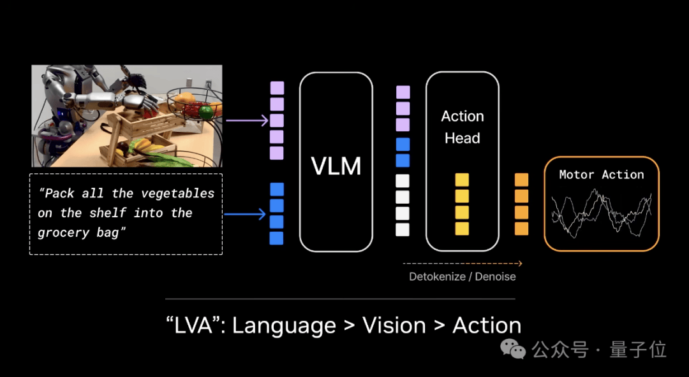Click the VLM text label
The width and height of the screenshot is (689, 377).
click(x=336, y=166)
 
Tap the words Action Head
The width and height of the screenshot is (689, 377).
click(x=463, y=127)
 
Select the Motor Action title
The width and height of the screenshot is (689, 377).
click(x=602, y=174)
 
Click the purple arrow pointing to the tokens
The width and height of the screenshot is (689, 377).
click(x=247, y=120)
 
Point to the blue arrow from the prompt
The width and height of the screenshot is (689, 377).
click(x=245, y=214)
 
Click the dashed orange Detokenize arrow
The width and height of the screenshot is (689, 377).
click(x=463, y=264)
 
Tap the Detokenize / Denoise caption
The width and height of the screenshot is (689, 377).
click(x=463, y=277)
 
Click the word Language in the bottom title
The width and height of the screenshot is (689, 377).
click(x=284, y=326)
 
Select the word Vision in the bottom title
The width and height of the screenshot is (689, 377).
click(x=394, y=325)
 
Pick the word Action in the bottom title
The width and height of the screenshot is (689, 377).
click(x=487, y=325)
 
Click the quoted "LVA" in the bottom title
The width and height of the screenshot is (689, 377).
click(x=195, y=325)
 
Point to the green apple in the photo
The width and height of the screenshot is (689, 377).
click(x=205, y=112)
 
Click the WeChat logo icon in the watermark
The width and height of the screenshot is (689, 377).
click(x=512, y=348)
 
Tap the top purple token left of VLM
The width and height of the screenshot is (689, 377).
click(x=277, y=89)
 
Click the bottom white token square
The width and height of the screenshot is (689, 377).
click(x=403, y=229)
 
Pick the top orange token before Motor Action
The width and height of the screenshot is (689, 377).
click(x=522, y=180)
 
